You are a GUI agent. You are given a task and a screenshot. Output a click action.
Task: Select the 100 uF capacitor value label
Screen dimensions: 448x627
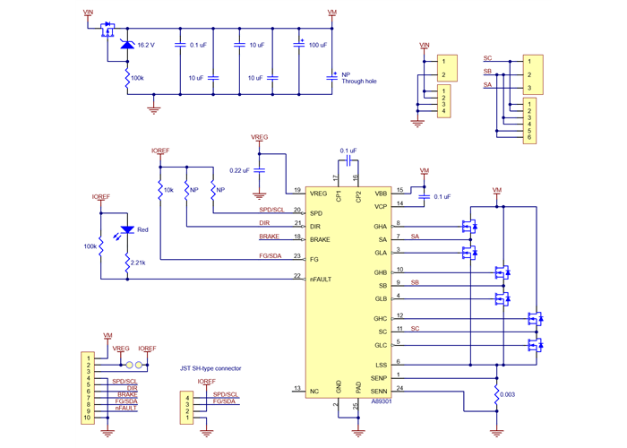click(318, 44)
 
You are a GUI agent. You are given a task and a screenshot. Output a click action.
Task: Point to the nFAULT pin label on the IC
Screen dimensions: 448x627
click(322, 280)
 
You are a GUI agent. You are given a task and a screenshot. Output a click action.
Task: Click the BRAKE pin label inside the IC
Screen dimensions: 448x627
click(321, 240)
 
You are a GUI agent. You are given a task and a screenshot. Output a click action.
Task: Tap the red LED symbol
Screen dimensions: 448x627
click(127, 230)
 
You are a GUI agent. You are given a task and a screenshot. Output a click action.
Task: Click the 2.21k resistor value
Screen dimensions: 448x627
click(137, 263)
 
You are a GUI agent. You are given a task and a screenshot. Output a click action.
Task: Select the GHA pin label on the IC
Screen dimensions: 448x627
click(381, 227)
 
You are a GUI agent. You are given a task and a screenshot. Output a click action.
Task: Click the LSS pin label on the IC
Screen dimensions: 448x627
click(381, 365)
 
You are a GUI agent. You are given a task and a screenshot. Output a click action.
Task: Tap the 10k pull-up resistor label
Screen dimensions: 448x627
click(168, 190)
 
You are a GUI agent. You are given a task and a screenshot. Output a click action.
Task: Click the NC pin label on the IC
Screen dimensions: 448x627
click(314, 391)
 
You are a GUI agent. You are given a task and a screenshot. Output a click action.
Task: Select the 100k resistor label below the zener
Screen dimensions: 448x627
click(137, 78)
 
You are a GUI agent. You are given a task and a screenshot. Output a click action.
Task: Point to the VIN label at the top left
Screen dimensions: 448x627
click(87, 13)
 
